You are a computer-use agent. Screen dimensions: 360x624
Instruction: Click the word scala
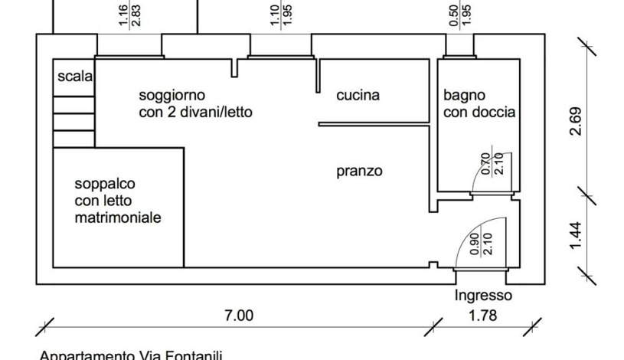click(x=74, y=77)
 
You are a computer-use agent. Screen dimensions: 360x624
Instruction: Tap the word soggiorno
click(x=172, y=96)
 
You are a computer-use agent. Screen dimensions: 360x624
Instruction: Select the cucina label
click(x=358, y=96)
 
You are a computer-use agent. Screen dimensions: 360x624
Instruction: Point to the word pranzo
click(x=359, y=171)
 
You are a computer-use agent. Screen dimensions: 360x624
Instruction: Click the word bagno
click(x=464, y=96)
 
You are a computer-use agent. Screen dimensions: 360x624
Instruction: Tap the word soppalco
click(x=105, y=185)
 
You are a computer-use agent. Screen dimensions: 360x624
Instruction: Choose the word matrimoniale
click(x=118, y=218)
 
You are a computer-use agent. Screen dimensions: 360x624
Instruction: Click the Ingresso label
click(x=483, y=296)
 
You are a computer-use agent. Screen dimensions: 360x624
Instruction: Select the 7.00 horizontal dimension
click(x=239, y=314)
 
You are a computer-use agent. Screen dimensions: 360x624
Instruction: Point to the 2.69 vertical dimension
click(x=577, y=120)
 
